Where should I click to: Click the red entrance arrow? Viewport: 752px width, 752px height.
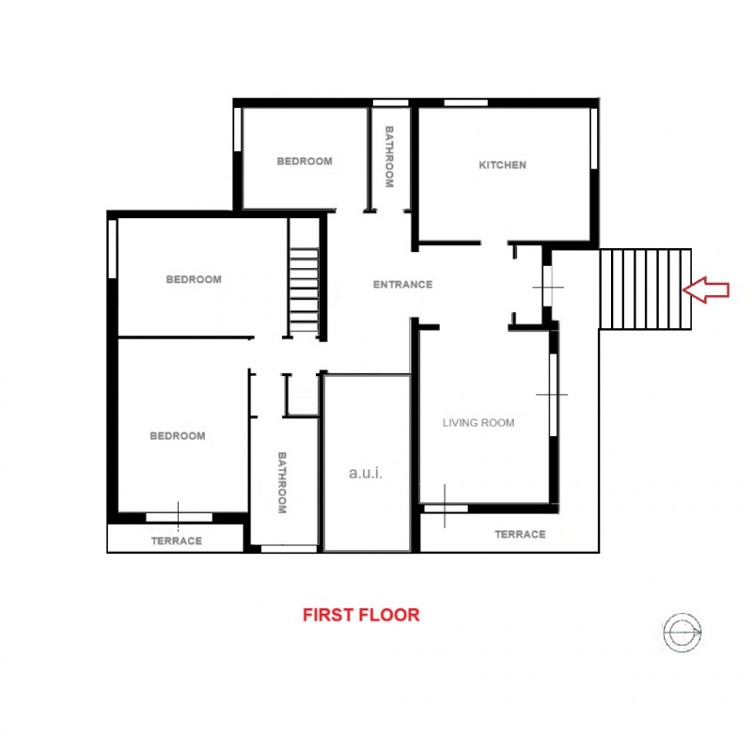(707, 290)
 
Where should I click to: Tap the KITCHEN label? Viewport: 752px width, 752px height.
(503, 165)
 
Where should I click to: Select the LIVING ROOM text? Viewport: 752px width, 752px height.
(478, 423)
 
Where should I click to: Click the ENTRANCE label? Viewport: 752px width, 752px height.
(402, 285)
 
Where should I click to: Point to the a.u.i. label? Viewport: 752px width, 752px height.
(366, 474)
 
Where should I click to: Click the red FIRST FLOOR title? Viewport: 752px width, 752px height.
(361, 616)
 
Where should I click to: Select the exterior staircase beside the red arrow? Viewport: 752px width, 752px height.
(645, 290)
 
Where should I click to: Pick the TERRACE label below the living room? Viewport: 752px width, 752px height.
(520, 534)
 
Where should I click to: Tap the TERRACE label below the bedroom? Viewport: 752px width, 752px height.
(177, 540)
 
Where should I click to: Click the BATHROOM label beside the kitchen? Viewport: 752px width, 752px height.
(389, 156)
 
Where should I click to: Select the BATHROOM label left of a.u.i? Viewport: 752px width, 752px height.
(281, 483)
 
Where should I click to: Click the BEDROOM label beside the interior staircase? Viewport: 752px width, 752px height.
(194, 279)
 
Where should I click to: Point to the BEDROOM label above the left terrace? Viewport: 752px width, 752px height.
(178, 436)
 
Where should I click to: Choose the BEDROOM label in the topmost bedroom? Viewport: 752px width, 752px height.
(305, 162)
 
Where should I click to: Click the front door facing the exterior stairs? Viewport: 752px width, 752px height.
(547, 288)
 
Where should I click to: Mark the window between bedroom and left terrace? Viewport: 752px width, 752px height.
(179, 516)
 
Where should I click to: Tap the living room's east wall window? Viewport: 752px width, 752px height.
(554, 395)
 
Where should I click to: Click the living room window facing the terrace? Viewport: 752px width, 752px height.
(445, 508)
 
